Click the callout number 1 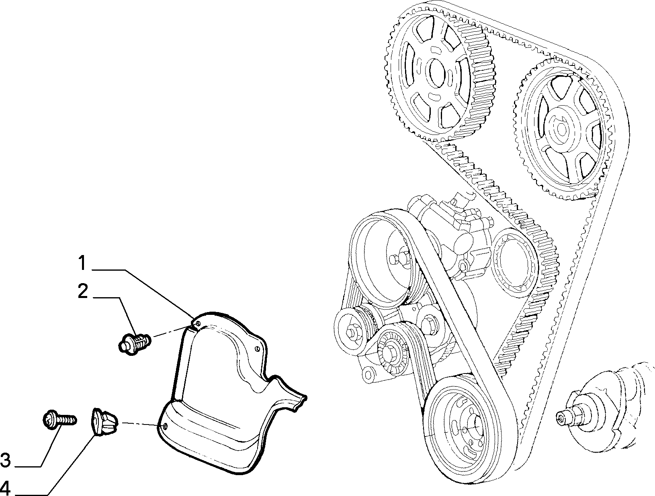(x=82, y=263)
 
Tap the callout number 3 (x=5, y=460)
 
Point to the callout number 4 (x=5, y=488)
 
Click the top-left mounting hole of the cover (x=197, y=323)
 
